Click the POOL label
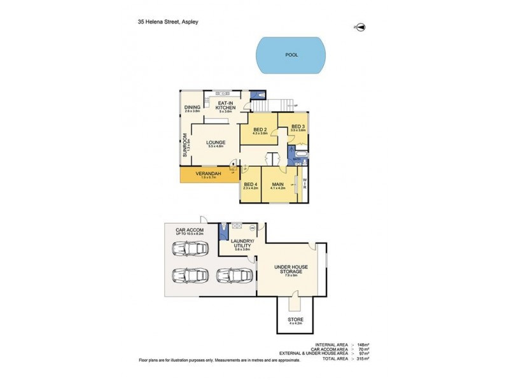pyautogui.click(x=291, y=55)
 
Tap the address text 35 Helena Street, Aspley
pyautogui.click(x=168, y=21)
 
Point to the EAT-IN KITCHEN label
pyautogui.click(x=227, y=105)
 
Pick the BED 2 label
pyautogui.click(x=260, y=129)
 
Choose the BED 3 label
pyautogui.click(x=298, y=127)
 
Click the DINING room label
pyautogui.click(x=193, y=108)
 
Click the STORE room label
pyautogui.click(x=296, y=319)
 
